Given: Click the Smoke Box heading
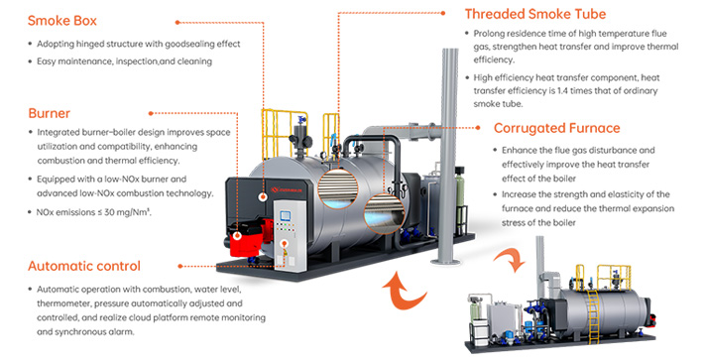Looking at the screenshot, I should (x=63, y=20).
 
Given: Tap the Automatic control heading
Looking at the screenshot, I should (x=84, y=266).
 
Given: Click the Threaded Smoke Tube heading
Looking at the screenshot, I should (x=534, y=14).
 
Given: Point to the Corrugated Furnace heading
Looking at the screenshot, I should (x=556, y=128).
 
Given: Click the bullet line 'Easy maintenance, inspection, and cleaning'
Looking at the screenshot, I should (x=123, y=61).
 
